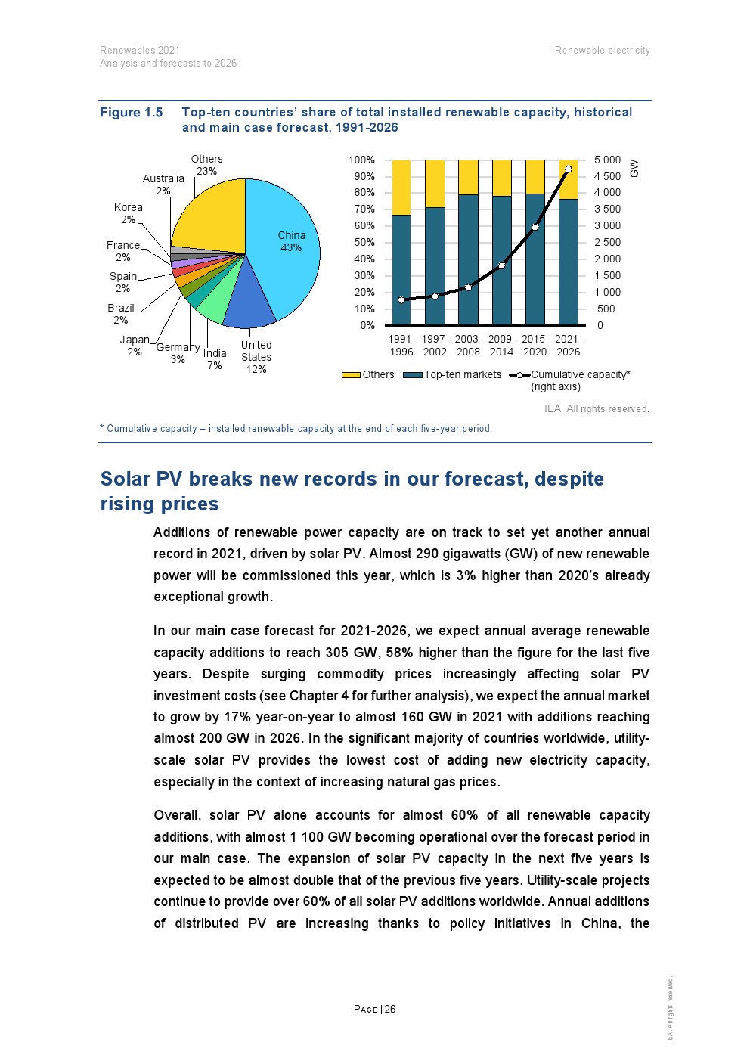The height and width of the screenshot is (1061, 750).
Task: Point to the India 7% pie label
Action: pyautogui.click(x=215, y=359)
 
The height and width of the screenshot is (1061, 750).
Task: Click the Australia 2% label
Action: pyautogui.click(x=163, y=185)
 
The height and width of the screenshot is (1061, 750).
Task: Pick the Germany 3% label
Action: pyautogui.click(x=178, y=353)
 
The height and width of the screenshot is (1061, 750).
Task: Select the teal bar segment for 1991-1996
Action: pyautogui.click(x=401, y=272)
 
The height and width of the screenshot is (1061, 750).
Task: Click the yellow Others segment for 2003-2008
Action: pyautogui.click(x=468, y=177)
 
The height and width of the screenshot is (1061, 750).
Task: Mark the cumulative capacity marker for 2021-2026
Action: pyautogui.click(x=569, y=169)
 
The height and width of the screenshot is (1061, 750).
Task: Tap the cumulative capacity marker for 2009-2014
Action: pyautogui.click(x=501, y=265)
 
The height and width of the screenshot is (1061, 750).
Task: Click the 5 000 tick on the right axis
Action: pyautogui.click(x=607, y=160)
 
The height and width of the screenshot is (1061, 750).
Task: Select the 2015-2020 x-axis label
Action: pyautogui.click(x=535, y=346)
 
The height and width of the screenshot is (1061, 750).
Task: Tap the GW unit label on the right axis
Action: pyautogui.click(x=634, y=169)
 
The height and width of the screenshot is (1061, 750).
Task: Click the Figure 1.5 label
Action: pyautogui.click(x=132, y=113)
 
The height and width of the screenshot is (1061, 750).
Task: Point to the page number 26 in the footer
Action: pyautogui.click(x=390, y=1009)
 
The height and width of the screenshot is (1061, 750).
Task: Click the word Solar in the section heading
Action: pyautogui.click(x=126, y=479)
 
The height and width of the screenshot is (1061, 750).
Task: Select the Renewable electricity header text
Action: pyautogui.click(x=602, y=51)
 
